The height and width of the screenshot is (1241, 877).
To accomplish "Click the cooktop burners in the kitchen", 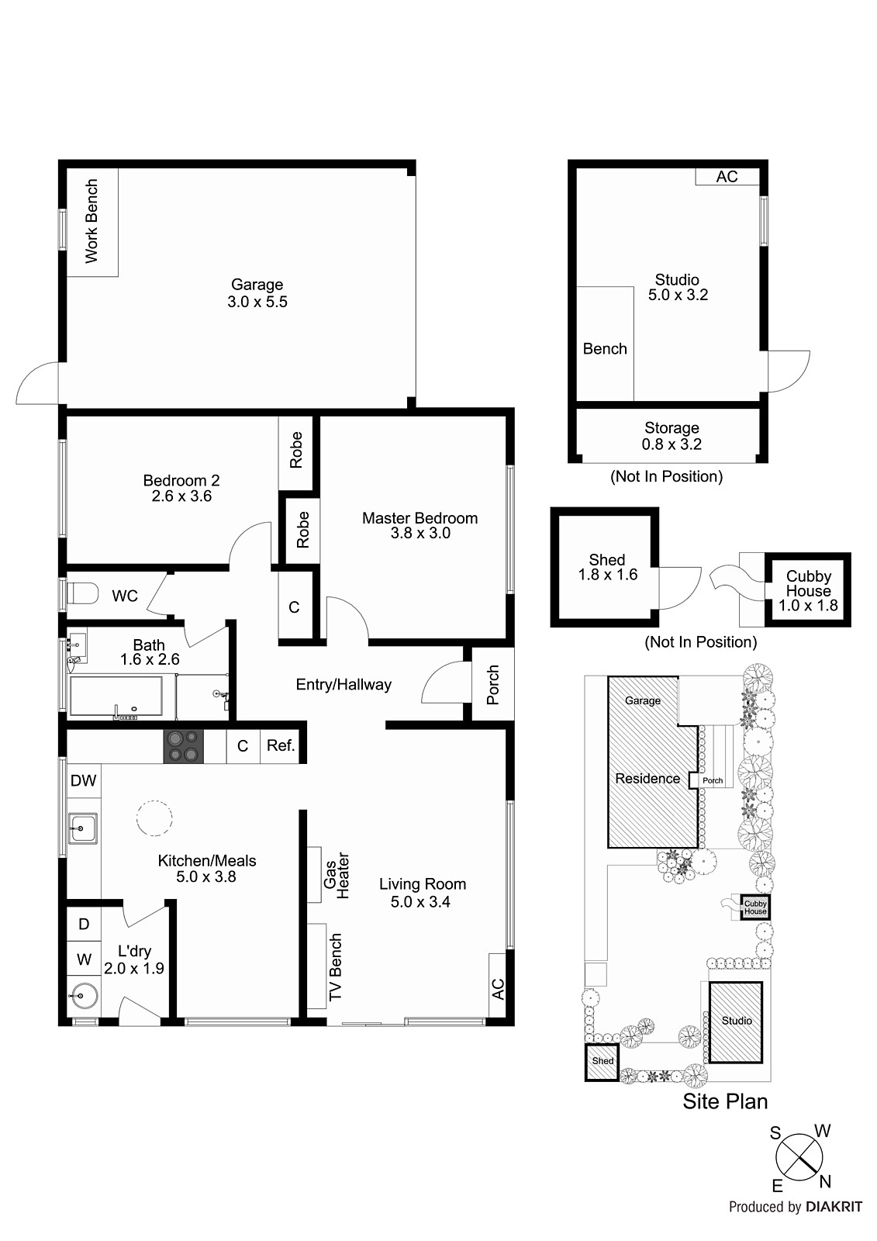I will (x=183, y=745).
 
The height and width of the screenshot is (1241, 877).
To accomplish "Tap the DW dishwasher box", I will (x=83, y=780).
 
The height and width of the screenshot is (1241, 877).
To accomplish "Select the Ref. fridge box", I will (x=280, y=745).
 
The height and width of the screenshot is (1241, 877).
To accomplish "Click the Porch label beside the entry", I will (x=492, y=684).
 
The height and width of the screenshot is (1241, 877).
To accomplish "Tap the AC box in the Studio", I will (x=727, y=177).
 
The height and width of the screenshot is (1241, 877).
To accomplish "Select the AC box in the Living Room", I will (x=498, y=989).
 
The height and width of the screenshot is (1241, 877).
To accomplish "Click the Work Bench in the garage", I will (x=91, y=222).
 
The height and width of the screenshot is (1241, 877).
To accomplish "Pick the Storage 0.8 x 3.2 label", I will (x=672, y=436).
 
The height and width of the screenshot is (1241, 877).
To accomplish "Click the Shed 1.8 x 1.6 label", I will (x=607, y=567).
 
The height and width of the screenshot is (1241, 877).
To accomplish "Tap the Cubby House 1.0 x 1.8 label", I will (x=808, y=590).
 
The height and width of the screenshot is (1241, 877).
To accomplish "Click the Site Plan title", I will (x=725, y=1101).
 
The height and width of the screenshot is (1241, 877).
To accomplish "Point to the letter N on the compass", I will (x=825, y=1181).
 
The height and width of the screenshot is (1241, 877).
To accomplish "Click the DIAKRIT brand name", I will (x=834, y=1207).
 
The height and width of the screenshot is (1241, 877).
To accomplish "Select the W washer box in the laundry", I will (x=83, y=959).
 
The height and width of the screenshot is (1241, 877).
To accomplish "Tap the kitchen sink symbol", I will (x=81, y=828).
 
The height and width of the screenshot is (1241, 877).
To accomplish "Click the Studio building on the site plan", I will (x=736, y=1021).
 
